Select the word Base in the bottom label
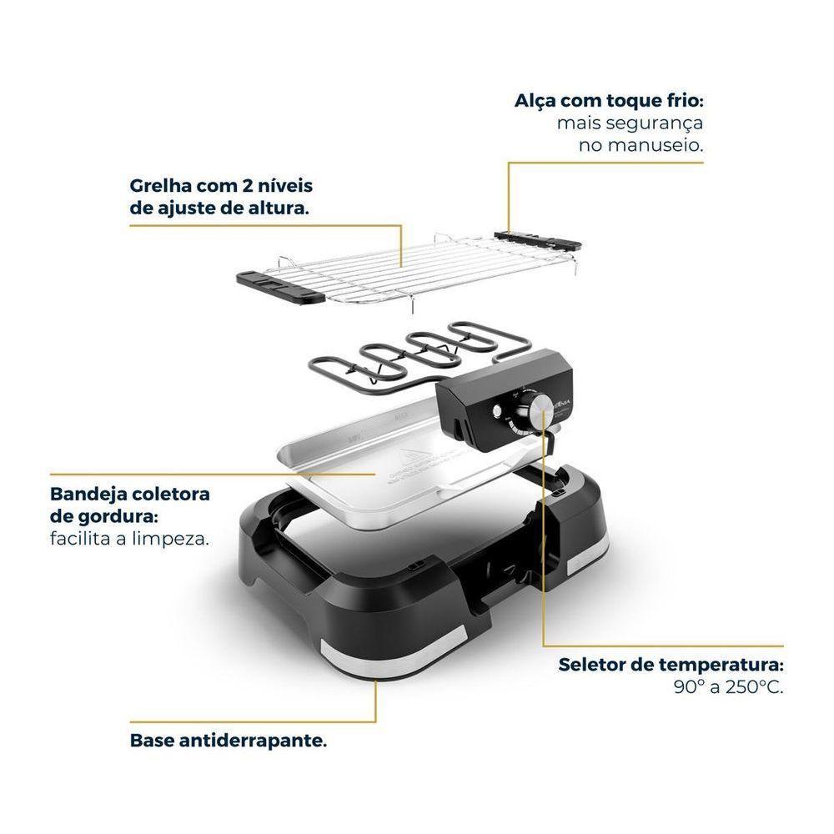(x=149, y=741)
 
